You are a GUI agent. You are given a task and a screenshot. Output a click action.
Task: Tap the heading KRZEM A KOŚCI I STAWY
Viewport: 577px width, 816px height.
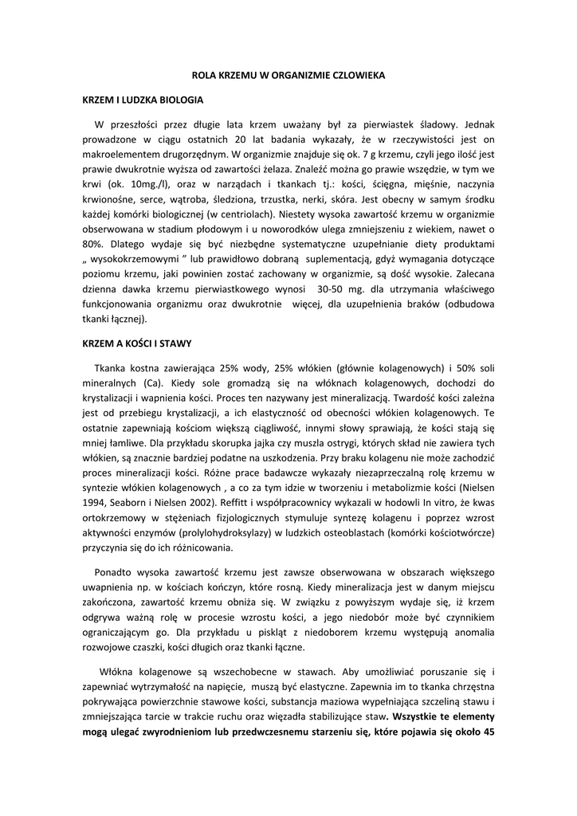137,343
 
